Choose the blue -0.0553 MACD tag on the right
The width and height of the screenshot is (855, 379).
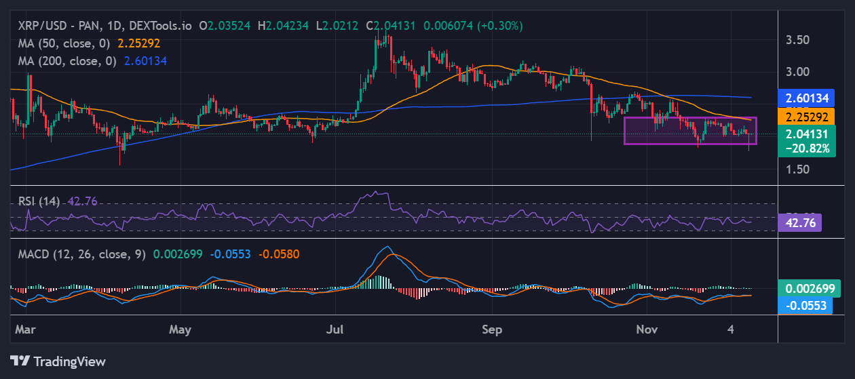[807, 305]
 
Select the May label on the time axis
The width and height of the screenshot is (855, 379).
[180, 330]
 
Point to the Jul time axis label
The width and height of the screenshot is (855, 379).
[335, 330]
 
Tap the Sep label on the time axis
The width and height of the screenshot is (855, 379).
[492, 330]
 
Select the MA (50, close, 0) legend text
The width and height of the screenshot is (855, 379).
[65, 43]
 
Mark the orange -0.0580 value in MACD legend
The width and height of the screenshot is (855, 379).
[279, 254]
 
